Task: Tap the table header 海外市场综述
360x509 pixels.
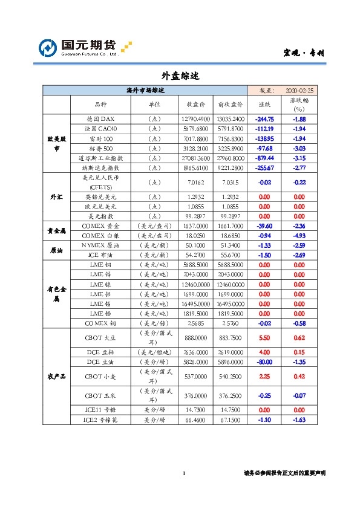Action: pyautogui.click(x=145, y=90)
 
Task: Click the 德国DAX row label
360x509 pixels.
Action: pyautogui.click(x=96, y=119)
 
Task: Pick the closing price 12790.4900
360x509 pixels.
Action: pyautogui.click(x=195, y=119)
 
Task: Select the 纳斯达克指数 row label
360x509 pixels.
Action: pyautogui.click(x=96, y=167)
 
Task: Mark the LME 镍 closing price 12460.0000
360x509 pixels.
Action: pyautogui.click(x=195, y=285)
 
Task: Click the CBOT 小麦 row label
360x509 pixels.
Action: pyautogui.click(x=96, y=377)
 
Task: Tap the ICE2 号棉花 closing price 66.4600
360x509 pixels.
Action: pyautogui.click(x=195, y=420)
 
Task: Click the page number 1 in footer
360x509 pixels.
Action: pyautogui.click(x=183, y=473)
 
